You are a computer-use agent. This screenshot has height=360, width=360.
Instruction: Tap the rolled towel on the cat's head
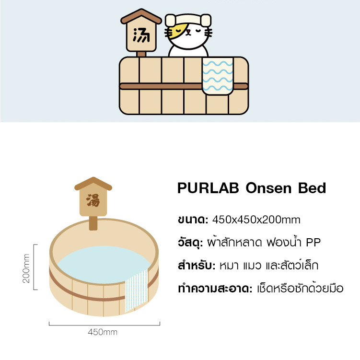click(x=188, y=20)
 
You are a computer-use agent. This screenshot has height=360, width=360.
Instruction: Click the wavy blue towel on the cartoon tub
click(x=218, y=76)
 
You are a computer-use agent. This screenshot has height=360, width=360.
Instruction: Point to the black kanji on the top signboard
click(x=141, y=35)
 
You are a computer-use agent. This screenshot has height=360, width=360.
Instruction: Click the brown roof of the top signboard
click(x=141, y=16)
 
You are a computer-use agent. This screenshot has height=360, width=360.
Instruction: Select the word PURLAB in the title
click(x=208, y=188)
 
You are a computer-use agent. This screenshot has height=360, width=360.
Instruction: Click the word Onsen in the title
click(x=268, y=188)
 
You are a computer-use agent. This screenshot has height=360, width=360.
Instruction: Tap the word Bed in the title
click(x=312, y=188)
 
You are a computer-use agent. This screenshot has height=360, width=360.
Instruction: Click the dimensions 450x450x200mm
click(x=256, y=220)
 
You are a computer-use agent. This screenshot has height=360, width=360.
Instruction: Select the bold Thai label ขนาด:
click(x=193, y=220)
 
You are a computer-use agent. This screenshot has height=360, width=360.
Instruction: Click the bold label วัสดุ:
click(x=190, y=242)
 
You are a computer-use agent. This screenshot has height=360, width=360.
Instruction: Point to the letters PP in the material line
click(x=313, y=243)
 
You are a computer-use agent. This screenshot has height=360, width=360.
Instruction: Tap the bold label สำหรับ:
click(x=197, y=266)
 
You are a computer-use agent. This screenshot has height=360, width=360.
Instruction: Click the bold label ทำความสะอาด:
click(x=215, y=289)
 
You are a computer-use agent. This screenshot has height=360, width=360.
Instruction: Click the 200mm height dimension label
click(x=26, y=268)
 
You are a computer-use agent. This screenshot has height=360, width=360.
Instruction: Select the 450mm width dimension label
click(x=103, y=332)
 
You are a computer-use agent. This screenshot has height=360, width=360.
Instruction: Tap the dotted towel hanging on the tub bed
click(x=137, y=290)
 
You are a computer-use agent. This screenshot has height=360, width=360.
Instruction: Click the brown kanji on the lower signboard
click(x=93, y=200)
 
